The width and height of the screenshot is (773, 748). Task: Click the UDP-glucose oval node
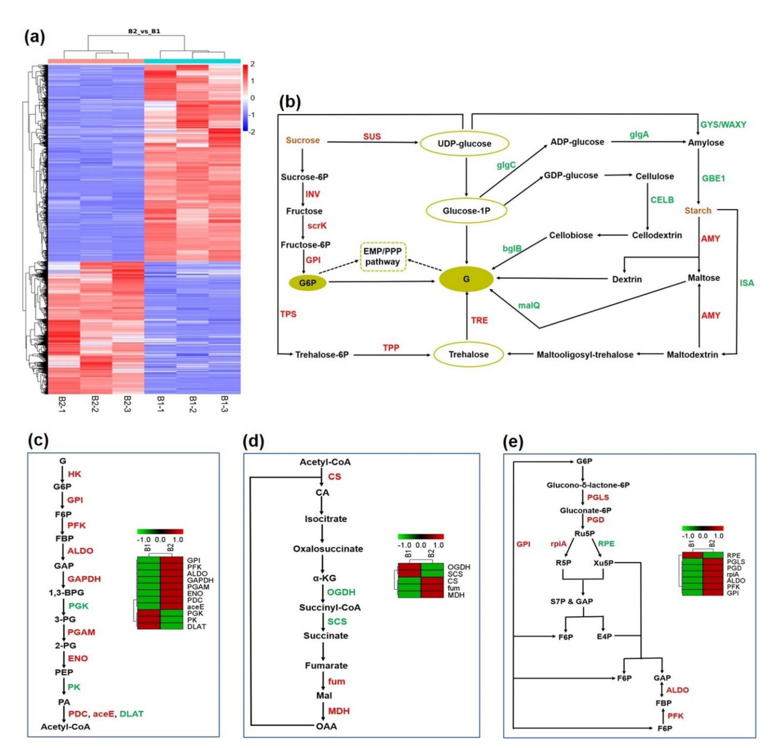[464, 144]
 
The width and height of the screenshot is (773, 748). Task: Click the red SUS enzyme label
[372, 136]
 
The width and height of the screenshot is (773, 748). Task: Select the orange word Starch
[698, 211]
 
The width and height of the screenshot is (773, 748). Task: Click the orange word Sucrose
[302, 140]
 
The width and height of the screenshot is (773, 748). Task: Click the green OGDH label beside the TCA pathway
[341, 592]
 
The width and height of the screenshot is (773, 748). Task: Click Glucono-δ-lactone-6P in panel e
[588, 485]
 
